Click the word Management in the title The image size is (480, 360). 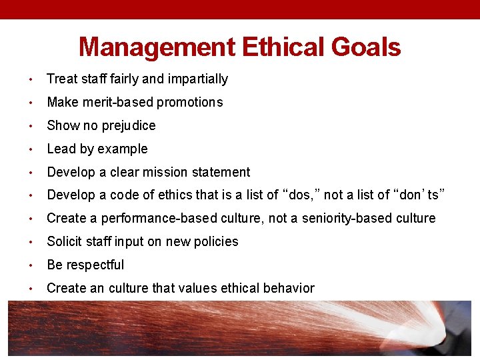(x=157, y=47)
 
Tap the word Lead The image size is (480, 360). (x=60, y=149)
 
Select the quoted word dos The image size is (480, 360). (x=301, y=195)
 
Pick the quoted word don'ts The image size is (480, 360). (x=422, y=195)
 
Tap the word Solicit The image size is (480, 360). (x=65, y=242)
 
